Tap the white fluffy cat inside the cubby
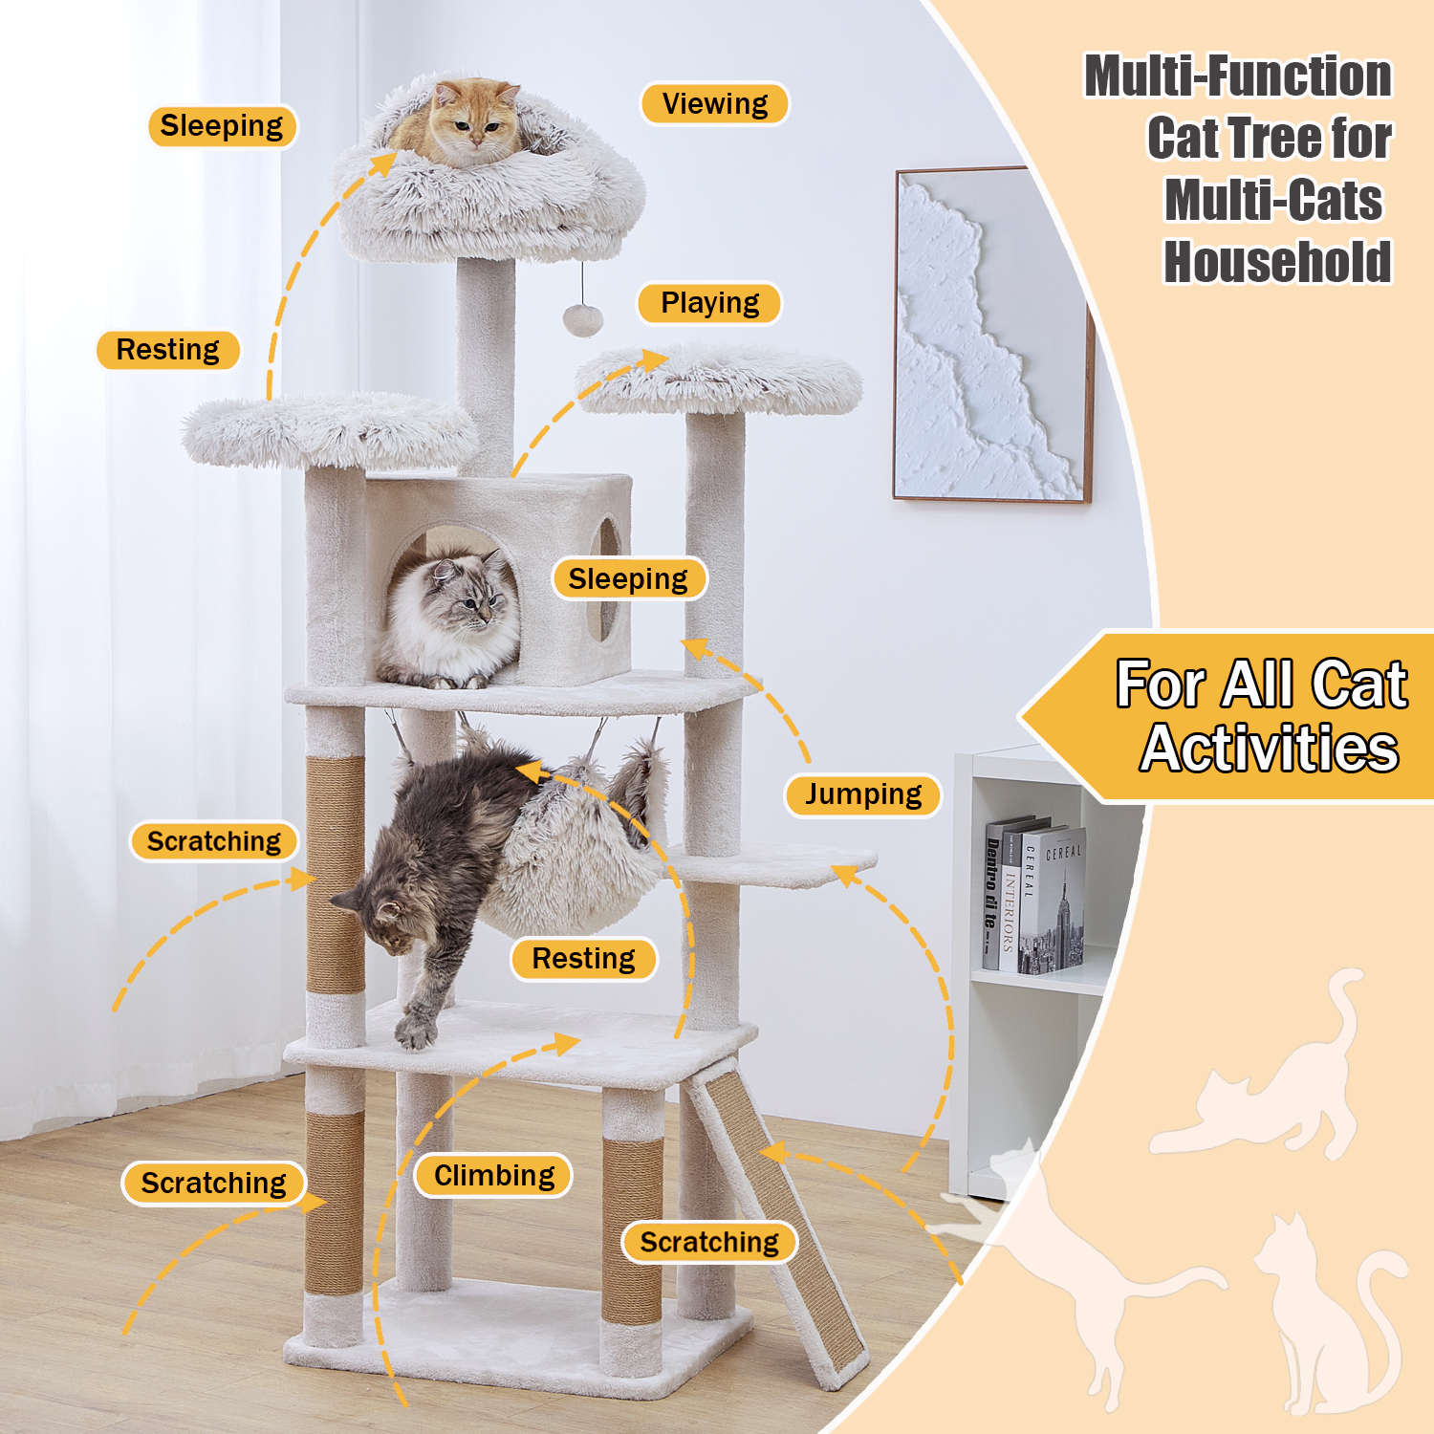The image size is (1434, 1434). (x=447, y=619)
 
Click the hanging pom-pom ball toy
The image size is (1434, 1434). (x=582, y=319)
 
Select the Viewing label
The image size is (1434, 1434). (x=715, y=103)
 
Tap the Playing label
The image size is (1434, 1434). (x=709, y=303)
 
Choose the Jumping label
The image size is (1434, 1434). (x=863, y=794)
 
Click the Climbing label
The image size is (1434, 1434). (x=494, y=1175)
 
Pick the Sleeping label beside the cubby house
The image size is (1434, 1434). (x=628, y=578)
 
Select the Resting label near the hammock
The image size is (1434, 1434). (x=583, y=959)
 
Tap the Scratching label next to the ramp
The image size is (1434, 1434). (x=709, y=1242)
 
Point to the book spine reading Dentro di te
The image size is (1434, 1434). (x=993, y=893)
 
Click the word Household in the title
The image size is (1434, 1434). (x=1277, y=262)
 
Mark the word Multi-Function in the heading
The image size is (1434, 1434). (x=1238, y=76)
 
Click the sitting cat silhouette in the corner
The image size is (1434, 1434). (x=1324, y=1319)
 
